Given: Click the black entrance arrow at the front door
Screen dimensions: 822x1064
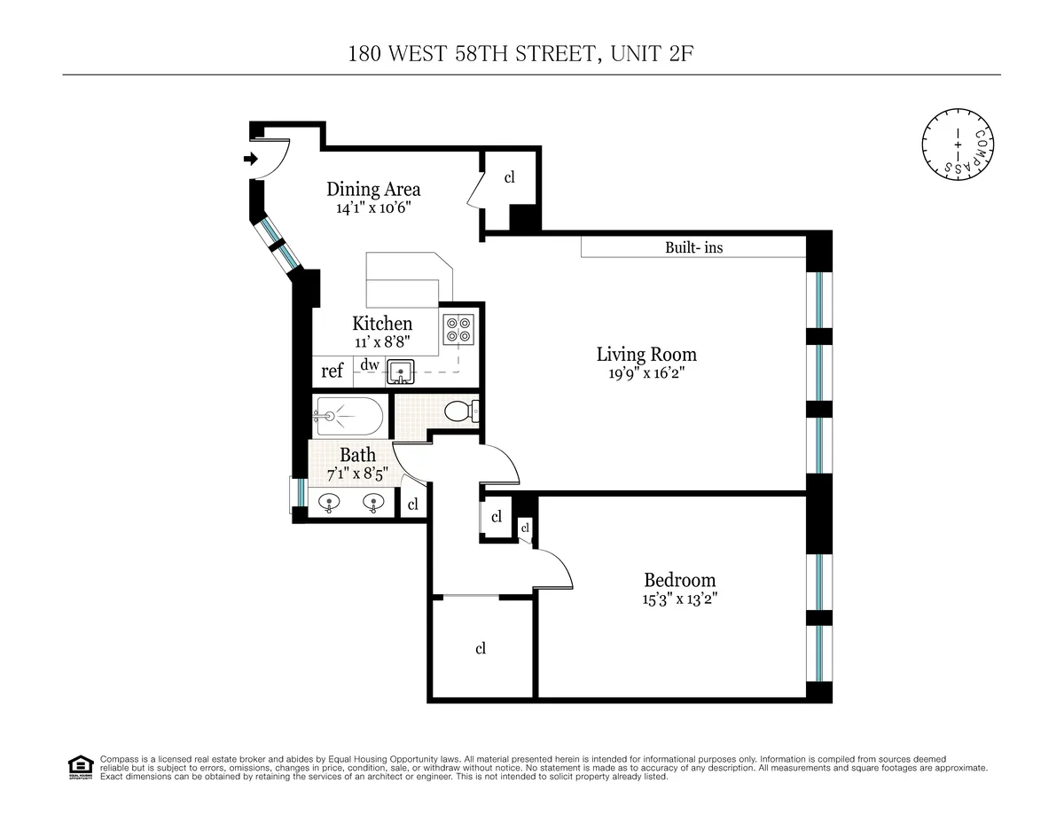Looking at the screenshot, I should (251, 160).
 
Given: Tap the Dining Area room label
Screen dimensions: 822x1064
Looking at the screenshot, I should (373, 189).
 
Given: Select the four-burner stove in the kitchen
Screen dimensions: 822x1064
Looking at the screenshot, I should (459, 330).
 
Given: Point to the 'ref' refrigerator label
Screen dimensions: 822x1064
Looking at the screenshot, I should (332, 372).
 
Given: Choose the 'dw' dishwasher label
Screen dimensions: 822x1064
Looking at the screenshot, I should (370, 364).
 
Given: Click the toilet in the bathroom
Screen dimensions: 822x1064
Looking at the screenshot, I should (461, 411).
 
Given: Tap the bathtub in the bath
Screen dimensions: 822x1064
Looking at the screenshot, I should (349, 416).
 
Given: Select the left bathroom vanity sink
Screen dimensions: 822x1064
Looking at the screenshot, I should (330, 503).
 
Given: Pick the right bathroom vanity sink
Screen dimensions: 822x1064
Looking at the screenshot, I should (373, 503).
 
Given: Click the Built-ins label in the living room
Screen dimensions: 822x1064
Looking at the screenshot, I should (693, 248).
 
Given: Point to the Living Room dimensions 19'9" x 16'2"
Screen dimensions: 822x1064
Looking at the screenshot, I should (646, 374).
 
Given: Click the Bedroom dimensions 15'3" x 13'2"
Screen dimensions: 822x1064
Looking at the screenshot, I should (680, 599).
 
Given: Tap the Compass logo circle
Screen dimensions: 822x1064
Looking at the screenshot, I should (957, 143).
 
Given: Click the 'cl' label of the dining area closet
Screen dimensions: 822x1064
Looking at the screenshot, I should (510, 177).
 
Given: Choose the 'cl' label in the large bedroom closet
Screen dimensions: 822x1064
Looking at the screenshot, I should (481, 648).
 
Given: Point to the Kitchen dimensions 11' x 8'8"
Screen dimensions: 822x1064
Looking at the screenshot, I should (382, 341).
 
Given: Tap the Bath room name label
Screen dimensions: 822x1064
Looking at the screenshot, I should (357, 455).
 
